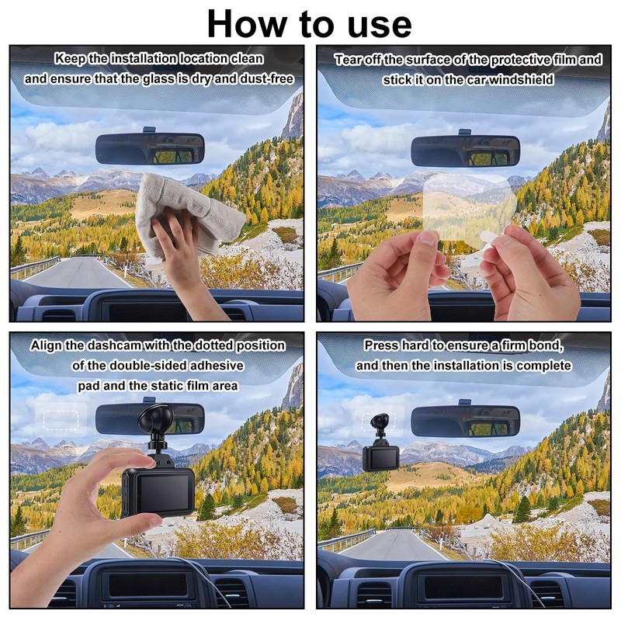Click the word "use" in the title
(380, 25)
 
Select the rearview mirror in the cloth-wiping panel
(150, 148)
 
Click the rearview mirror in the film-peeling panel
(465, 151)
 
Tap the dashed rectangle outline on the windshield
(61, 420)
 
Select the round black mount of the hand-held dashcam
(155, 419)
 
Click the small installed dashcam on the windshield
(380, 443)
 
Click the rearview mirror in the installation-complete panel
(465, 422)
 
